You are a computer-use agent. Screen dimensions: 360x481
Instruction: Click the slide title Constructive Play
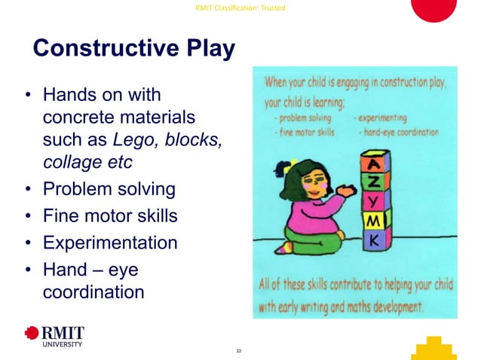[x=133, y=49]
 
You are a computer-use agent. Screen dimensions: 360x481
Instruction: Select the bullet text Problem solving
[x=109, y=189]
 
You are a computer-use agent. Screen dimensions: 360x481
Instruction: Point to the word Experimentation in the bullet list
[x=110, y=243]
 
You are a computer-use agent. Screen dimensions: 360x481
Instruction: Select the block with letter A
[x=376, y=162]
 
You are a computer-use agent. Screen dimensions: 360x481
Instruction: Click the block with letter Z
[x=376, y=182]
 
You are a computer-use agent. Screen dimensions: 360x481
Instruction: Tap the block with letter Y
[x=376, y=202]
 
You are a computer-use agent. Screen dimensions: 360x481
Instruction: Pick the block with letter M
[x=376, y=221]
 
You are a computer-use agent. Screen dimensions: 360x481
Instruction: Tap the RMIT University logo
[x=54, y=335]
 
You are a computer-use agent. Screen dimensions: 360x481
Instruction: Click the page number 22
[x=239, y=351]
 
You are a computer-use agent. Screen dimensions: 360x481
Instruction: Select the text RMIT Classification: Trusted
[x=240, y=8]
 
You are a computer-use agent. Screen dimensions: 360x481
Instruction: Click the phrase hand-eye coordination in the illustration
[x=400, y=132]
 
